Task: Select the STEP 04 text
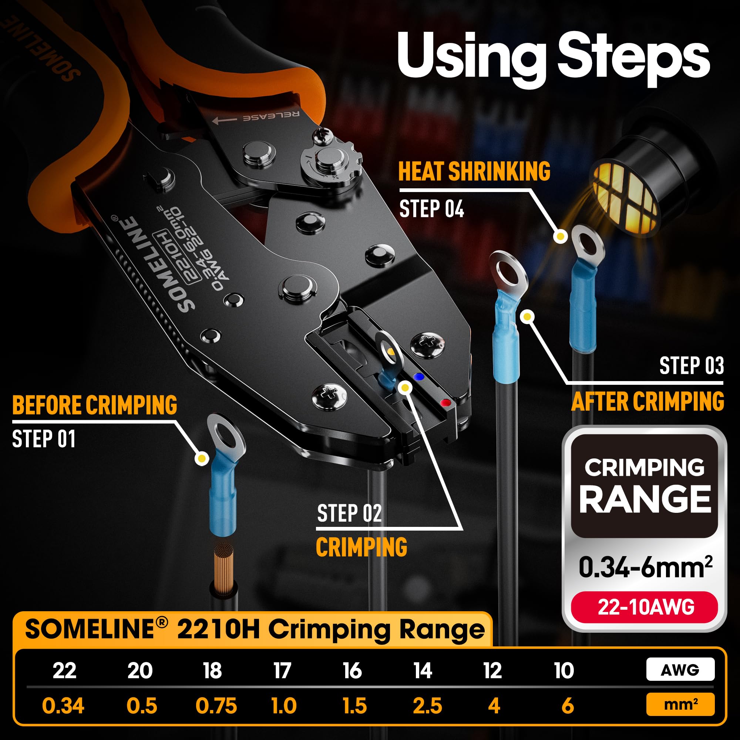(431, 209)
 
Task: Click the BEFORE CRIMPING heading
(95, 405)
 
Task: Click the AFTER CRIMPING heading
(647, 401)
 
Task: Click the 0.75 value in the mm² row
(216, 706)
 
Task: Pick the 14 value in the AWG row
(423, 670)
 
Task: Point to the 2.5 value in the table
(427, 706)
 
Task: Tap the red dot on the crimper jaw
(445, 403)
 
